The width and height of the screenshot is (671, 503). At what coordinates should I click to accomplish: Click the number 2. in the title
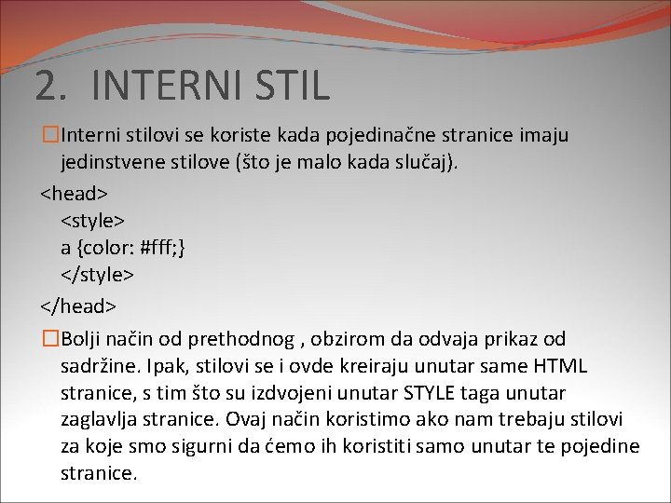tap(51, 86)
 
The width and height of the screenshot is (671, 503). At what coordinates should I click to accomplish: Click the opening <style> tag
tap(93, 221)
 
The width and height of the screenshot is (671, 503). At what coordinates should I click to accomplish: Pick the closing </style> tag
tap(98, 276)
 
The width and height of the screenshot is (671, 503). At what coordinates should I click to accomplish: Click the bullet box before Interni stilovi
tap(48, 136)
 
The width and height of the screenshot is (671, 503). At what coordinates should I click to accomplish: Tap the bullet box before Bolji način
tap(48, 338)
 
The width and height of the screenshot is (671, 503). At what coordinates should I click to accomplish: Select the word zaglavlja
tap(100, 420)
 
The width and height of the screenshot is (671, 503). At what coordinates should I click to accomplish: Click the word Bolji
tap(81, 339)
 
